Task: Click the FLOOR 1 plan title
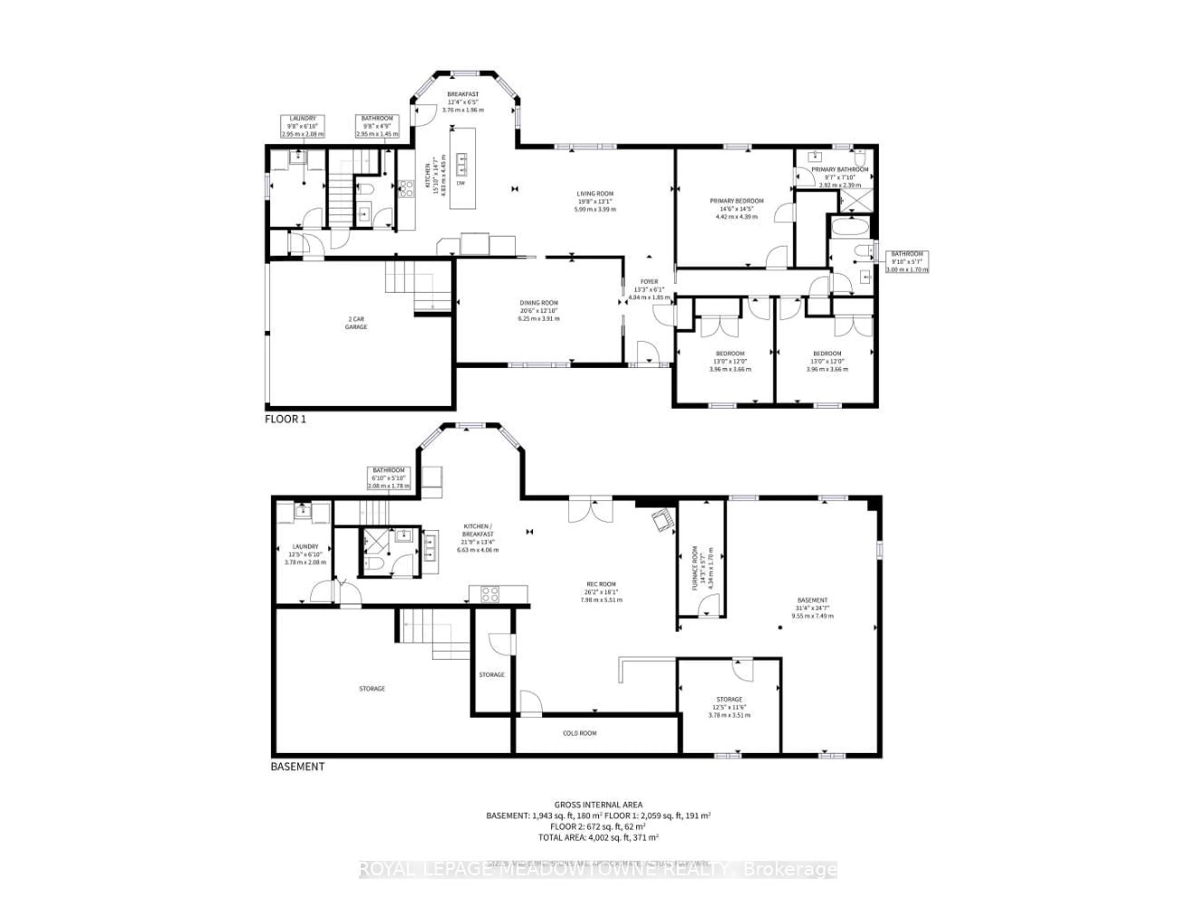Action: pos(285,419)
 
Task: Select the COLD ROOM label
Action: pos(579,733)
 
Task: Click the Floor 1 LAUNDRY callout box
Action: pos(302,126)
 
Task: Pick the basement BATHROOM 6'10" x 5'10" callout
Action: pos(389,478)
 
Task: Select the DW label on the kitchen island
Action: pos(461,183)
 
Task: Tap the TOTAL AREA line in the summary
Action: pos(598,837)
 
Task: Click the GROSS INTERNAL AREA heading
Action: pos(598,805)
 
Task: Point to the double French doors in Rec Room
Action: pos(590,509)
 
